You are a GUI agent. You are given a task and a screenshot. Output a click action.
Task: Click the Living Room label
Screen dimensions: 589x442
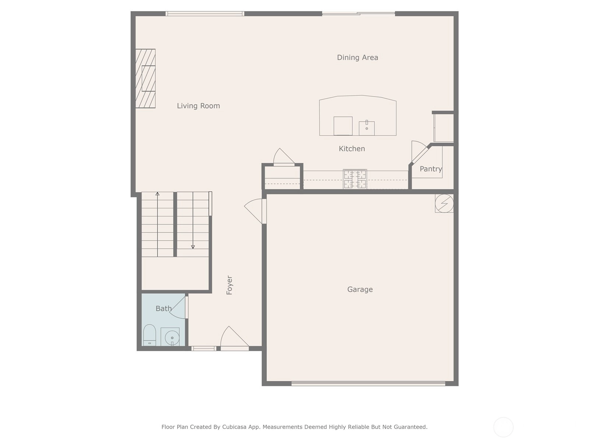point(198,106)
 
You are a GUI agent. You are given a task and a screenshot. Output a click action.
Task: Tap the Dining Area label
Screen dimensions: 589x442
point(357,57)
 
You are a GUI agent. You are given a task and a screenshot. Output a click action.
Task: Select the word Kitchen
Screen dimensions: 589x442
point(352,149)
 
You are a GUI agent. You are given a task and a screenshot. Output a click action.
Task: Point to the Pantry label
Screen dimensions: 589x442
point(431,169)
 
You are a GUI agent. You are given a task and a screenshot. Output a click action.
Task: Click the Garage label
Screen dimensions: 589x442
point(360,289)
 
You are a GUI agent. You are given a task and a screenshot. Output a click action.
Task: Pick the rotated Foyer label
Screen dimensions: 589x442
point(229,285)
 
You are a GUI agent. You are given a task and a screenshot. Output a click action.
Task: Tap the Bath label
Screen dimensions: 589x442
point(163,308)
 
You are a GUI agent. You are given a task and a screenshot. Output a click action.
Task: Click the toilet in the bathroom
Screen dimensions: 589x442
point(149,335)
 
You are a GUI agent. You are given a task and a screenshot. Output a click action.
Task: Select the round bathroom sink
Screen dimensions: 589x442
point(172,338)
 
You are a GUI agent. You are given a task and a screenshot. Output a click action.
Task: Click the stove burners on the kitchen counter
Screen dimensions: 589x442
point(355,179)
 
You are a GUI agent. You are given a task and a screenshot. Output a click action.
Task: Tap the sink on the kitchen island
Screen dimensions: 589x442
point(367,128)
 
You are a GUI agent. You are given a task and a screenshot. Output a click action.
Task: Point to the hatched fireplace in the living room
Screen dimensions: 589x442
point(145,78)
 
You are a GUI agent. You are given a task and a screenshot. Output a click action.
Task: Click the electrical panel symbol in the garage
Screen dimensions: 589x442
point(444,203)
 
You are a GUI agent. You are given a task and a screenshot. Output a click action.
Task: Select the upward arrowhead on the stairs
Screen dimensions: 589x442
point(158,194)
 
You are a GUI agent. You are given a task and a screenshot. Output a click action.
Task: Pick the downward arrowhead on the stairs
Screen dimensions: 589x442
point(193,247)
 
